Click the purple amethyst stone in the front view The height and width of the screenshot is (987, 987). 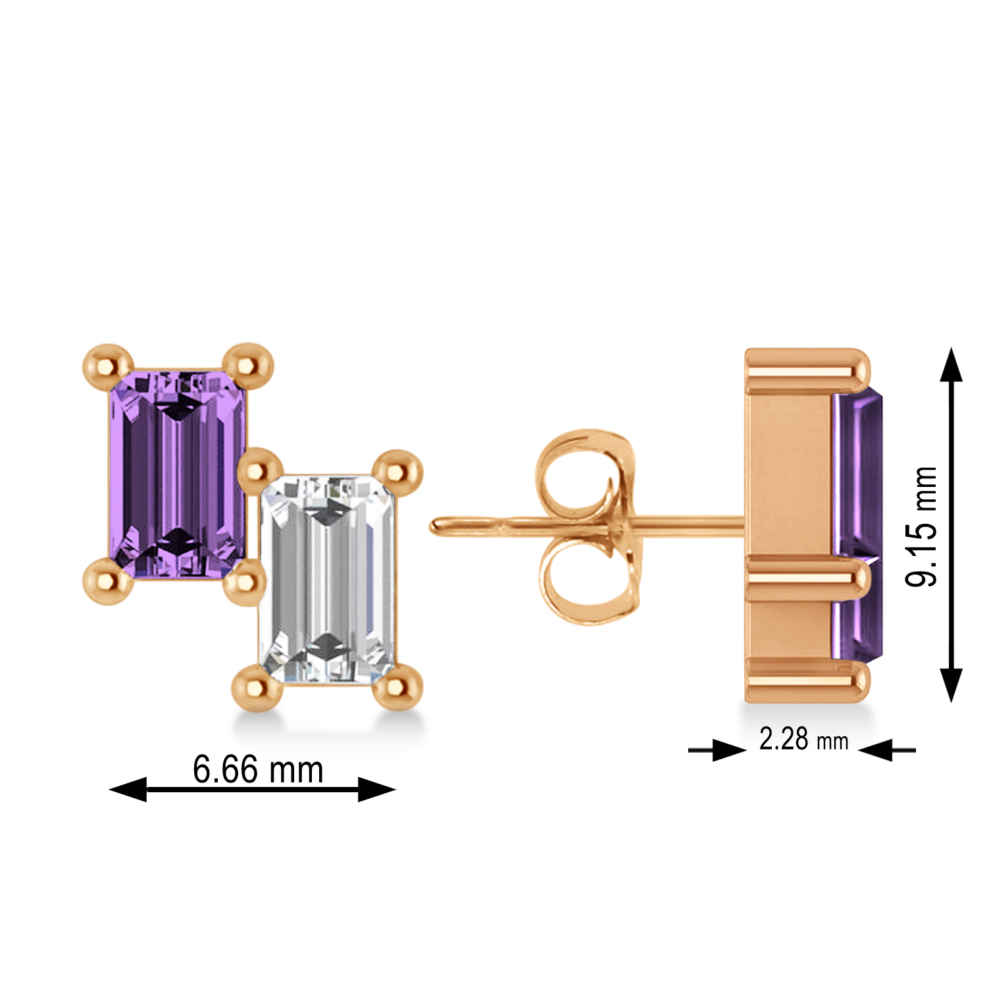coord(176,474)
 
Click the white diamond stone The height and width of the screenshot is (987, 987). coord(328,579)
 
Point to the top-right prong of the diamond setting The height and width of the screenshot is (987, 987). coord(397,471)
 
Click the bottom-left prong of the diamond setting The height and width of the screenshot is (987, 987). coord(257,687)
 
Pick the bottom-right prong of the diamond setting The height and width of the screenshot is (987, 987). coord(397,687)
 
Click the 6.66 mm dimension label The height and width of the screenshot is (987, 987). coord(258,769)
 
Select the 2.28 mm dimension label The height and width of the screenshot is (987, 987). coord(803,740)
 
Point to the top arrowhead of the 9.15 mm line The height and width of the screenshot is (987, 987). coord(951,366)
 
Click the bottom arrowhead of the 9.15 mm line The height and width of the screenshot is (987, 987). coord(951,684)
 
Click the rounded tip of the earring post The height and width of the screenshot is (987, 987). coord(436,526)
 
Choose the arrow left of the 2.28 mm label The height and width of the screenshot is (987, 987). coord(727,749)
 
